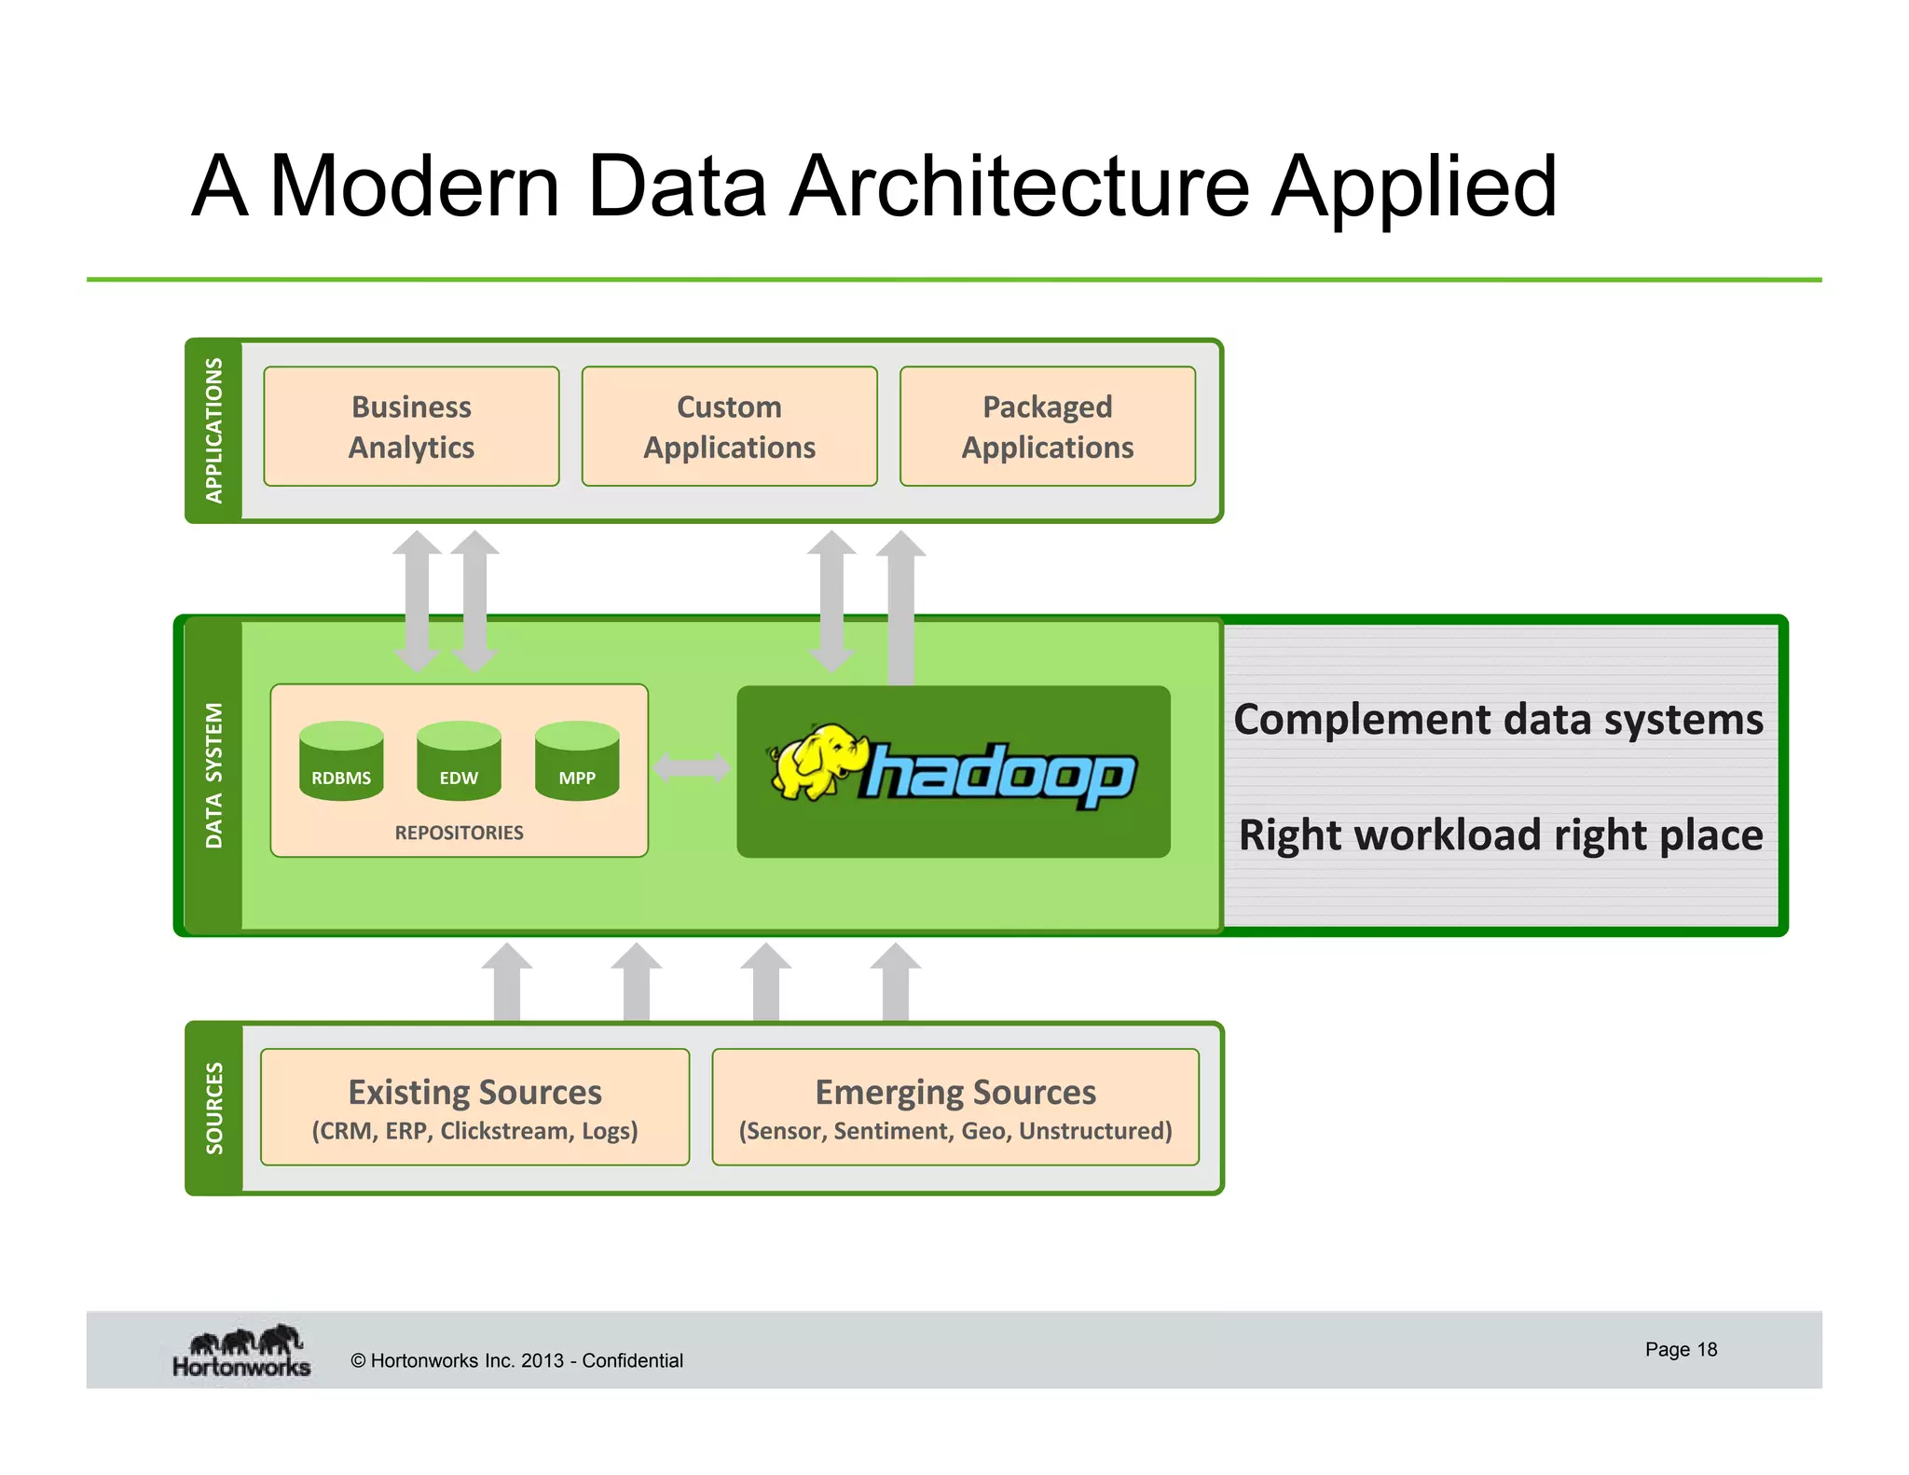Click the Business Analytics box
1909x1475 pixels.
411,426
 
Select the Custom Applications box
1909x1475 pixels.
729,426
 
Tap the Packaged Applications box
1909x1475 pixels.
1047,426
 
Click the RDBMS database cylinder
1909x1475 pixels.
341,761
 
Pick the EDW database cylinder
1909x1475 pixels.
459,761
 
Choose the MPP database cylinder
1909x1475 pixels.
577,761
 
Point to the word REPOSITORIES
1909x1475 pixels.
459,833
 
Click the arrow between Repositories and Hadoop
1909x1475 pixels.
692,768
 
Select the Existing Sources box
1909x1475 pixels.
474,1107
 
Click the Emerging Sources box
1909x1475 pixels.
955,1107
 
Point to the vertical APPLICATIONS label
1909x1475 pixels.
214,430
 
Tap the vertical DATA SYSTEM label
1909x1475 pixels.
214,775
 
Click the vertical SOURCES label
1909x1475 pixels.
214,1108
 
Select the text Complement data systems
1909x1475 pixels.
1498,720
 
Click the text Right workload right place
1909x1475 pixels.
1500,834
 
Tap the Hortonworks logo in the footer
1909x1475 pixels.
241,1352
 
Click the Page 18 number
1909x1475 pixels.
1681,1349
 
